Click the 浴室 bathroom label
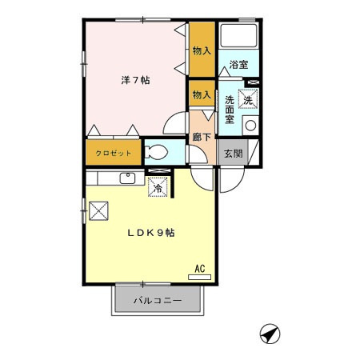point(238,64)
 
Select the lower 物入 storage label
point(202,95)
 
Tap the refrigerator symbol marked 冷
point(158,188)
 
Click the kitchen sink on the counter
point(127,178)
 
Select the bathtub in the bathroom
point(238,38)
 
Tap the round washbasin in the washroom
point(250,125)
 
